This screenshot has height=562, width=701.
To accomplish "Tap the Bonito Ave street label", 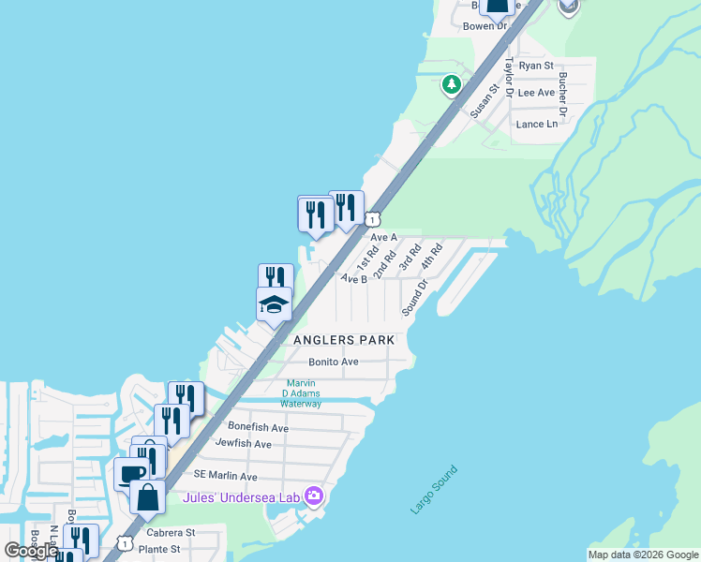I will coord(335,362).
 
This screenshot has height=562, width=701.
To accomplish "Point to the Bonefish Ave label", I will coord(258,427).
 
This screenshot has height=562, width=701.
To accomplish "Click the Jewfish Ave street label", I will coord(243,443).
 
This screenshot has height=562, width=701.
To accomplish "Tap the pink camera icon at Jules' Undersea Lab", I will coord(313,495).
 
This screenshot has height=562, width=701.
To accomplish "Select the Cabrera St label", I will coord(170,532).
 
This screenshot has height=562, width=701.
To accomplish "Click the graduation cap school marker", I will coord(275,304).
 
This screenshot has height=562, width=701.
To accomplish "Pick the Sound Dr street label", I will coord(415,297).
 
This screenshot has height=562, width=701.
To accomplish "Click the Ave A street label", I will coord(384,238).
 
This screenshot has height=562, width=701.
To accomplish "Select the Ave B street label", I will coord(354,278).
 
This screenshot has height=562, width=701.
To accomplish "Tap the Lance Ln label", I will coord(537,124).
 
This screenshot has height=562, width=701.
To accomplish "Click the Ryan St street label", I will coord(537,66).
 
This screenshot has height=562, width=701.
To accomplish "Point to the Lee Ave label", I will coord(537,93).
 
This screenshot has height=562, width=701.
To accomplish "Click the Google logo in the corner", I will coord(31,551).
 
